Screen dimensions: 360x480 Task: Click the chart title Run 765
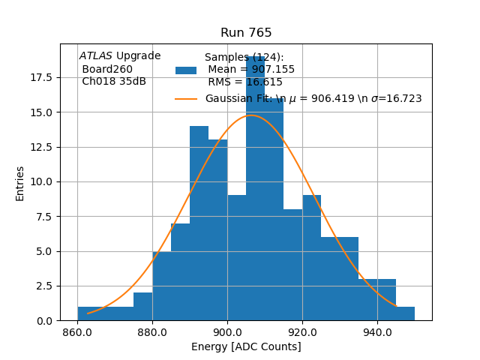[x=246, y=33]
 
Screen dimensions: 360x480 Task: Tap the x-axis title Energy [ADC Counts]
[x=246, y=346]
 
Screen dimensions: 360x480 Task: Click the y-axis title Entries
[x=20, y=183]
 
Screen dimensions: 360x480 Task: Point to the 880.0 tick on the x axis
[x=152, y=332]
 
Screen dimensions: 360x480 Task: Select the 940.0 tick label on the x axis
[x=377, y=332]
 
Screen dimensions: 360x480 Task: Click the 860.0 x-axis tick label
[x=77, y=332]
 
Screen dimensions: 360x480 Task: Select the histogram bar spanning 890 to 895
[x=199, y=225]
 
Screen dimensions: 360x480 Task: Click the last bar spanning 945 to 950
[x=405, y=313]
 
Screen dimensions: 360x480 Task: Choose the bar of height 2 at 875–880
[x=142, y=307]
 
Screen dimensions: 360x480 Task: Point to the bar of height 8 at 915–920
[x=292, y=266]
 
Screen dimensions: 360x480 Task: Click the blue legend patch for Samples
[x=186, y=70]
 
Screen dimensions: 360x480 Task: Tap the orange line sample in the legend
[x=186, y=98]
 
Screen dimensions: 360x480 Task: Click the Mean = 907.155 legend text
[x=251, y=70]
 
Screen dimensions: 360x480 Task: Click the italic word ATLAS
[x=96, y=56]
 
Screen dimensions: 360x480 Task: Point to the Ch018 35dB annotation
[x=114, y=82]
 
